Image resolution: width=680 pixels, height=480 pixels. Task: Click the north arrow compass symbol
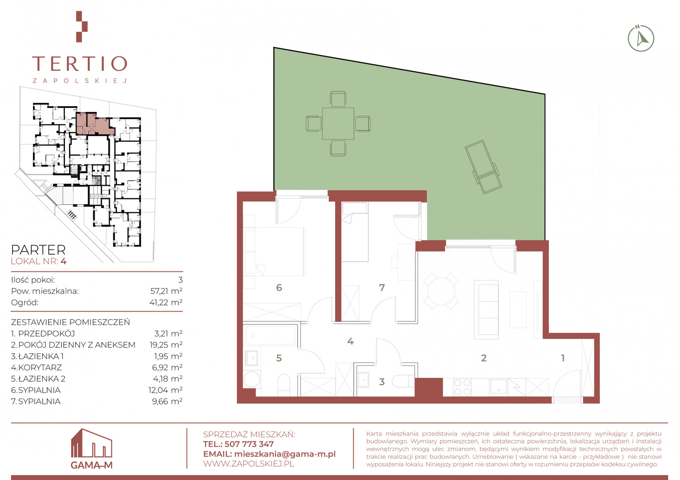pos(641,39)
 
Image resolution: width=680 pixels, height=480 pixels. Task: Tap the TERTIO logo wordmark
pos(80,64)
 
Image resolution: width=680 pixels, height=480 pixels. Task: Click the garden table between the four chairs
pos(338,124)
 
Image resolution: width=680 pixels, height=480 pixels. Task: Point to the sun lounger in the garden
pos(483,167)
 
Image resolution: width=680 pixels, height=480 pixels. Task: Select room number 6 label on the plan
pos(279,288)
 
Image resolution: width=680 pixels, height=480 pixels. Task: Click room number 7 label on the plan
pos(382,288)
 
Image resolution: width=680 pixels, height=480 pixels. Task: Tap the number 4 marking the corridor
pos(350,341)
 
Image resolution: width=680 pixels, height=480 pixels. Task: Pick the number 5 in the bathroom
pos(279,358)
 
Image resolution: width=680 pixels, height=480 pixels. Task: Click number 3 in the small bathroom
pos(382,382)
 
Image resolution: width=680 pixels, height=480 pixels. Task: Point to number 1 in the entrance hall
pos(563,358)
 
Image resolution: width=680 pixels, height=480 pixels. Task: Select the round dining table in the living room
pos(441,291)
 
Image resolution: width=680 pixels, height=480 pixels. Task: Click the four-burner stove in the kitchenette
pos(462,387)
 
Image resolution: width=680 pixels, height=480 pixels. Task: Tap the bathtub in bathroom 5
pos(270,336)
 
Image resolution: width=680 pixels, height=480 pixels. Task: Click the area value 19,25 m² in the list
pos(166,345)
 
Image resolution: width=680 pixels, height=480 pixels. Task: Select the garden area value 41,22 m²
pos(166,302)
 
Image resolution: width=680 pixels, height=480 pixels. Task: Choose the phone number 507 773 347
pos(249,444)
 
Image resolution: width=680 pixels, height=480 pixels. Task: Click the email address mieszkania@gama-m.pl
pos(285,454)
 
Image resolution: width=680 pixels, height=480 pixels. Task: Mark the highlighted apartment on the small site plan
pos(95,124)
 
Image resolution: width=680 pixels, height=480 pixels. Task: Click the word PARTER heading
pos(38,250)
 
